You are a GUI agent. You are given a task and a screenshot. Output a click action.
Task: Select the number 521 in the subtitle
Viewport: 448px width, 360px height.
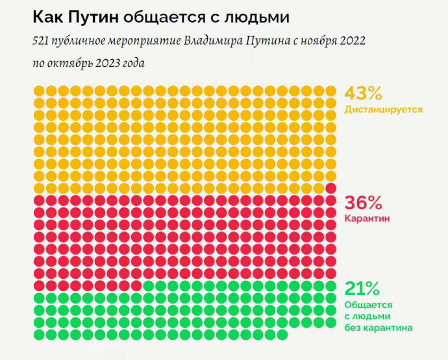pos(41,42)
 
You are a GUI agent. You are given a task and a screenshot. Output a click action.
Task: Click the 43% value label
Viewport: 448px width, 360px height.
pos(361,94)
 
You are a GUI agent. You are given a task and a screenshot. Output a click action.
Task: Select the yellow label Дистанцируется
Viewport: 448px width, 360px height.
pos(384,109)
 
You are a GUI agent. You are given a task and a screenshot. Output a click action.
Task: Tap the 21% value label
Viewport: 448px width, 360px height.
pos(360,288)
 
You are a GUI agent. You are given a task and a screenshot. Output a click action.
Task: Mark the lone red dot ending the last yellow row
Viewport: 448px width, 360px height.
pos(330,188)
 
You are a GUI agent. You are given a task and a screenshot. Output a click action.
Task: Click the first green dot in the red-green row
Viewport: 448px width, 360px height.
pos(148,285)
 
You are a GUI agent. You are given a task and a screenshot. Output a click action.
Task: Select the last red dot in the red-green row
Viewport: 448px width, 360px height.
pos(136,285)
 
